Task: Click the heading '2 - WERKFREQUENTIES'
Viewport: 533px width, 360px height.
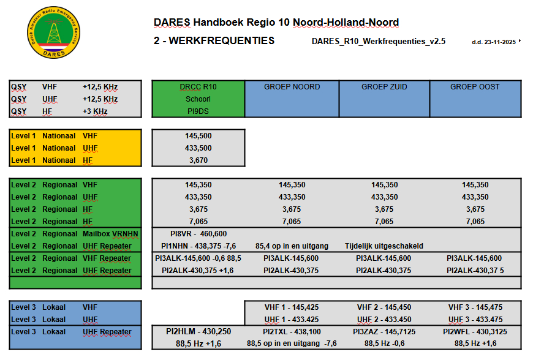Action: click(214, 41)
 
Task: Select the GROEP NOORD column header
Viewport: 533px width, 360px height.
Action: click(292, 87)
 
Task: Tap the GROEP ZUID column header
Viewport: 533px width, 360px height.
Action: click(384, 87)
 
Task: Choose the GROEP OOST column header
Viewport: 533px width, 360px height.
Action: click(475, 87)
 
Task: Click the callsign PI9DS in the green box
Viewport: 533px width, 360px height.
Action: click(198, 111)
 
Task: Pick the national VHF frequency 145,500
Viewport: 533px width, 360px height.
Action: click(198, 136)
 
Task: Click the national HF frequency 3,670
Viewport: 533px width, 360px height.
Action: click(198, 160)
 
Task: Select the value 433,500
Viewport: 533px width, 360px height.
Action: click(198, 148)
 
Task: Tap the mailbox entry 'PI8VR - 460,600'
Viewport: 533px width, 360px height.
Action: click(198, 234)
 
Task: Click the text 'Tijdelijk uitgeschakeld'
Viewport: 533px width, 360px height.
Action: click(384, 246)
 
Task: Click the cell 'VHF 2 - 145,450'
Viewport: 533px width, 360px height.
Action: click(384, 307)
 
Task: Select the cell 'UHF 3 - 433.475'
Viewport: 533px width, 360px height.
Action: click(475, 320)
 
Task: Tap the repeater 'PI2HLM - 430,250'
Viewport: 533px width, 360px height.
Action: click(198, 332)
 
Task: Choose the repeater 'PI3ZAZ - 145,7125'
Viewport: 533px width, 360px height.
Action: click(384, 332)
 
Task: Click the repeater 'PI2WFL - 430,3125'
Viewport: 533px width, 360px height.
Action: click(475, 332)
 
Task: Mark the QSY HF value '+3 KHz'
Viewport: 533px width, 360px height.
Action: click(95, 111)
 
